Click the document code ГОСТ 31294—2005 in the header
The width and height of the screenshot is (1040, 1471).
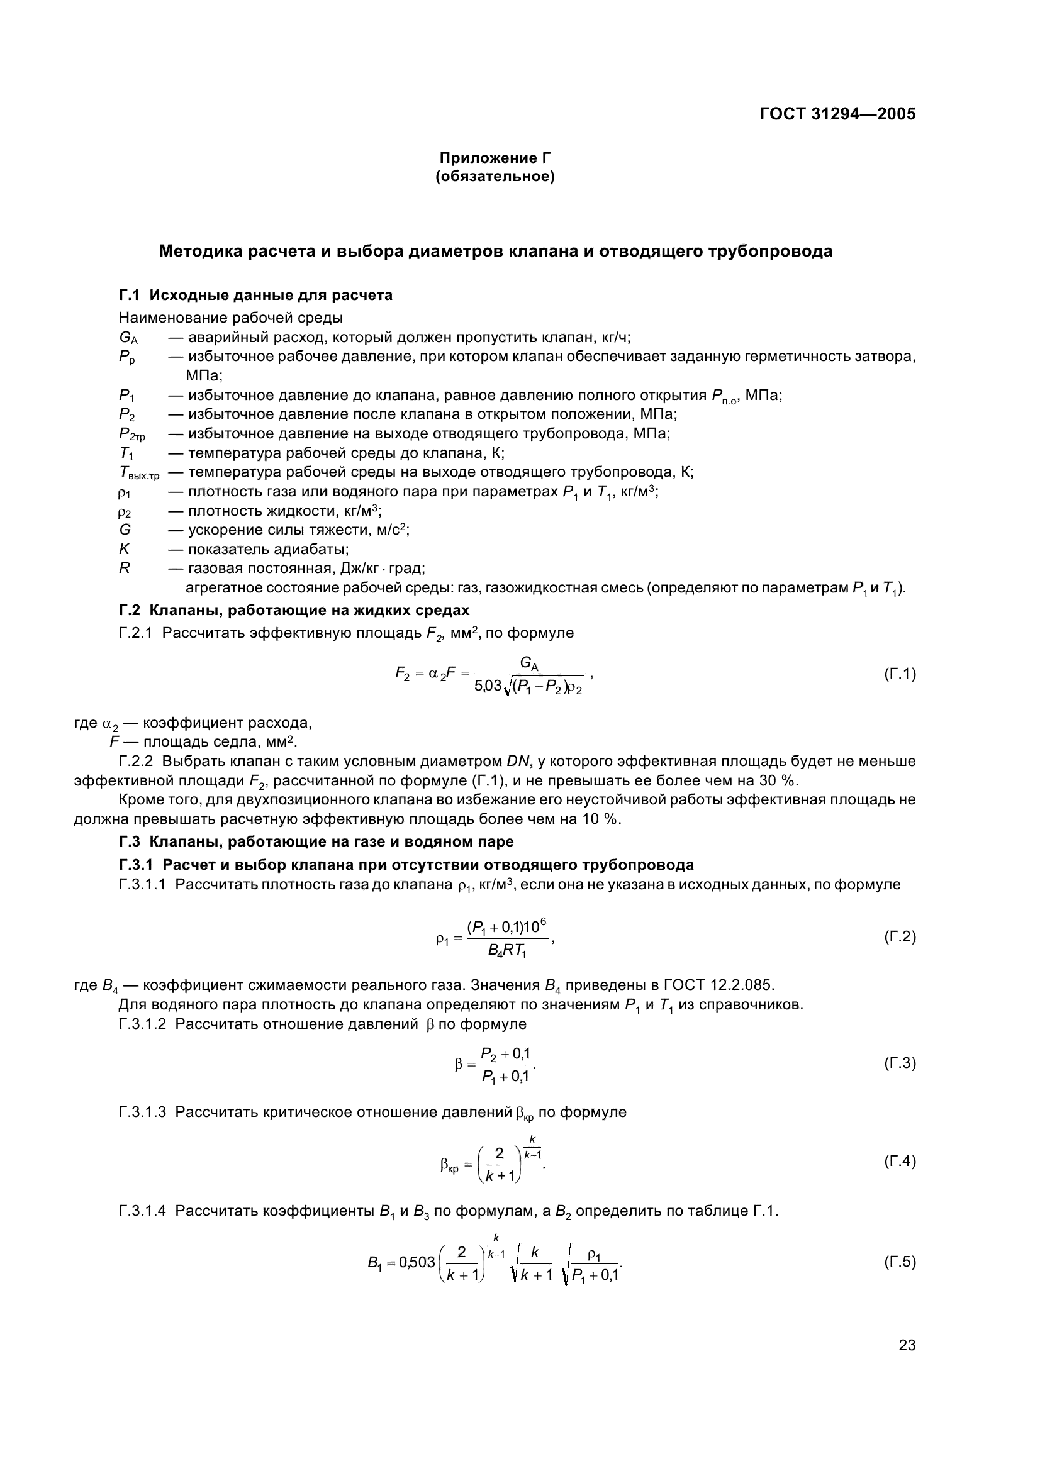tap(837, 114)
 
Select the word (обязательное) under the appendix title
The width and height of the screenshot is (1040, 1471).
tap(495, 176)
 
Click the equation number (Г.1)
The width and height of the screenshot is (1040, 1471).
tap(900, 674)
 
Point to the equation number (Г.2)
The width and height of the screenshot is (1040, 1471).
tap(900, 936)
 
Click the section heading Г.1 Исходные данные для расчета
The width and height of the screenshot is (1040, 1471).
tap(255, 296)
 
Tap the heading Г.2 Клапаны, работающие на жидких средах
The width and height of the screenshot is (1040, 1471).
tap(294, 610)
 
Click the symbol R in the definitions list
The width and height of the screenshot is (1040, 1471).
tap(125, 568)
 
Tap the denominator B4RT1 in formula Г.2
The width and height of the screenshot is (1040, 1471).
tap(507, 951)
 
